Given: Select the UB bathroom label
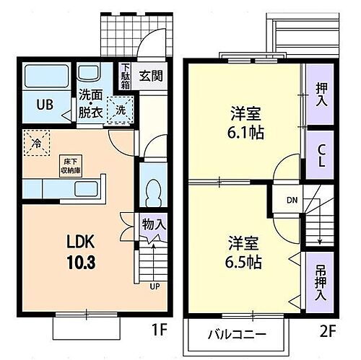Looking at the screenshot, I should pos(44,103).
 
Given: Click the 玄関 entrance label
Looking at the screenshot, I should pos(150,75).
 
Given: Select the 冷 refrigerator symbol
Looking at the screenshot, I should pos(34,142).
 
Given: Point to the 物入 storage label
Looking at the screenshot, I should pos(154,225).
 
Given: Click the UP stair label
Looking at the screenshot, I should pos(155,286).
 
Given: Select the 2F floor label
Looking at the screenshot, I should pos(329,333).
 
